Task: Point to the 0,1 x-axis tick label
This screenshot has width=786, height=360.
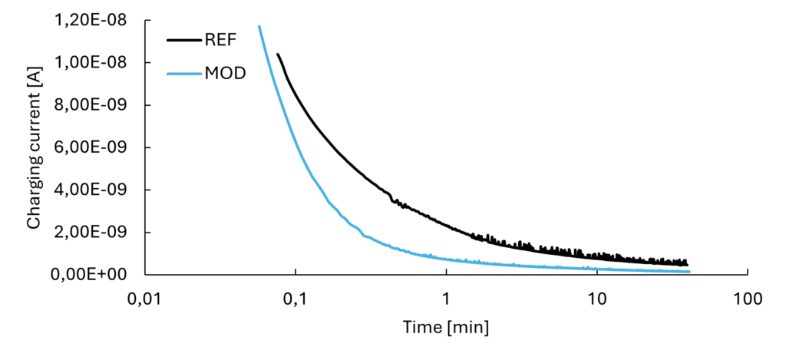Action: tap(296, 298)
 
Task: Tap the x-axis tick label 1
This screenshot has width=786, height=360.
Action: tap(446, 298)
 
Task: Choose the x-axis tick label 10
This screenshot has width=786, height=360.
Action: tap(596, 298)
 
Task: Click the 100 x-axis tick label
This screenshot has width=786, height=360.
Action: tap(747, 298)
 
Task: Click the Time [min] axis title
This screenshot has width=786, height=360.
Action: tap(446, 327)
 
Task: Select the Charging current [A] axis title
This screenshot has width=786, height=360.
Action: tap(34, 147)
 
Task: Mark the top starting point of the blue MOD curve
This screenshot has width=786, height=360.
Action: tap(259, 26)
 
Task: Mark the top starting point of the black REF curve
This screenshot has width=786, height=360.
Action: tap(278, 54)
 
